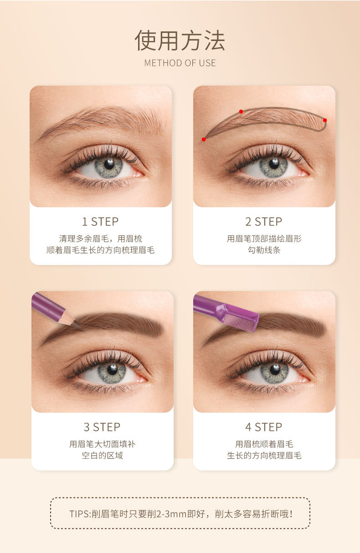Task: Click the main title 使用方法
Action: coord(180,41)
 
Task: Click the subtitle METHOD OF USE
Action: coord(180,63)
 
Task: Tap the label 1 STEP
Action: coord(100,221)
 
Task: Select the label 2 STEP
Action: coord(264,221)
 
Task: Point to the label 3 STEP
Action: coord(102,427)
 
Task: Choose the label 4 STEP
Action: coord(264,427)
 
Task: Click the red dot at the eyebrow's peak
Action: coord(241,112)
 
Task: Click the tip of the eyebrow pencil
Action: coord(80,327)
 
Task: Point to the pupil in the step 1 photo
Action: coord(108,164)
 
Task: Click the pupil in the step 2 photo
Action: coord(274,164)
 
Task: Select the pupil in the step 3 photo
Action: coord(113,369)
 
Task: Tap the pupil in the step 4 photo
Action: coord(275,369)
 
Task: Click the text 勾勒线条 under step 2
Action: coord(264,250)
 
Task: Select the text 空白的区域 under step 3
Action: coord(102,456)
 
